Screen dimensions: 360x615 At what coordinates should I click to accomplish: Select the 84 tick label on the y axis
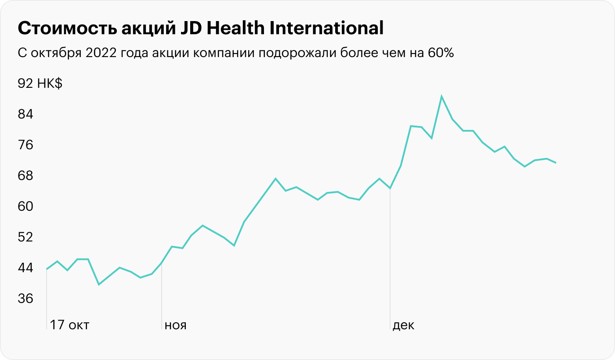click(25, 114)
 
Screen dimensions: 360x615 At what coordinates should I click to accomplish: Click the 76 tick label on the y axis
click(25, 145)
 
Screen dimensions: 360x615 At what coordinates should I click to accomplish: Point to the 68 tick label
click(25, 176)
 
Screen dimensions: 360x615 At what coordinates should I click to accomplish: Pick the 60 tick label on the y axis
click(25, 206)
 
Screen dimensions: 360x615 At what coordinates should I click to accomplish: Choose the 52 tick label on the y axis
click(25, 237)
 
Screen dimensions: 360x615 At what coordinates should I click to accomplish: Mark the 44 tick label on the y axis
click(25, 268)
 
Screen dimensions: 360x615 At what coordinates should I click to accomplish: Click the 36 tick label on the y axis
click(25, 299)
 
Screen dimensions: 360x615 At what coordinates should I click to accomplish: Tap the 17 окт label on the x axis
click(69, 325)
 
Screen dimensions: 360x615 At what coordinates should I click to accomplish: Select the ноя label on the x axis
click(175, 325)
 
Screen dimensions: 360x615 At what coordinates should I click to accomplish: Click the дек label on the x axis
click(403, 325)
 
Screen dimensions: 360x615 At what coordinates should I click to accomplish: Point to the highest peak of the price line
click(441, 96)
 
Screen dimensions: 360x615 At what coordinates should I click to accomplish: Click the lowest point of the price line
click(99, 284)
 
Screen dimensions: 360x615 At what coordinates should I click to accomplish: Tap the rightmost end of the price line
click(556, 163)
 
